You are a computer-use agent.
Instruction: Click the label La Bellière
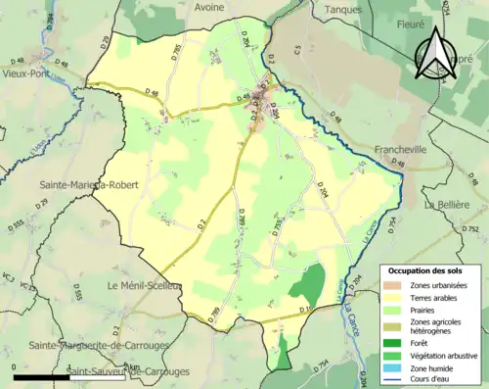click(x=453, y=205)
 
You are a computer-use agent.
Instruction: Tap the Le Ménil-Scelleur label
click(x=148, y=285)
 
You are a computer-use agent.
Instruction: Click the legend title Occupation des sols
click(x=427, y=269)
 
